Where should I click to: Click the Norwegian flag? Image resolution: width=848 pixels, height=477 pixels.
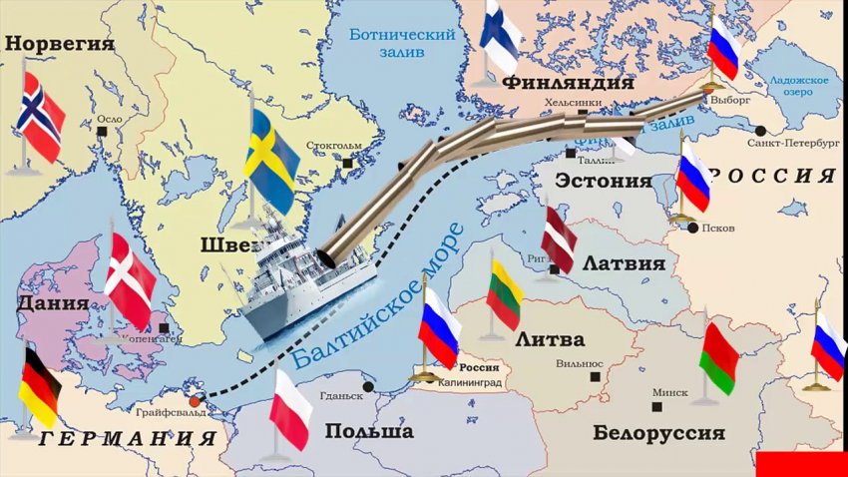(41, 116)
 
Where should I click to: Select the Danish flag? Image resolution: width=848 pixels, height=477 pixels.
(130, 279)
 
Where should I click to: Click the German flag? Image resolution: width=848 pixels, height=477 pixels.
(40, 386)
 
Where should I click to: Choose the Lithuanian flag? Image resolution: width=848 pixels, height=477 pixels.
(505, 295)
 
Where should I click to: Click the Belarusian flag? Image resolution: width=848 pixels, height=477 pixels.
(718, 358)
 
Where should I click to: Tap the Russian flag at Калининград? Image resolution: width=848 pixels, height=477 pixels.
(439, 327)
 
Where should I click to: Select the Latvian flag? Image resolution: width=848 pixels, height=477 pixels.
(559, 239)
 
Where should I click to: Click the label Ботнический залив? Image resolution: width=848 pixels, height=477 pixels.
(402, 43)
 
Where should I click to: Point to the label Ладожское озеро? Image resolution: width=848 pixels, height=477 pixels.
(801, 86)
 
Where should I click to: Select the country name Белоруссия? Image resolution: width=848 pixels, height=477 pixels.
(658, 433)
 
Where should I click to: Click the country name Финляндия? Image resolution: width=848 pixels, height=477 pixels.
(569, 82)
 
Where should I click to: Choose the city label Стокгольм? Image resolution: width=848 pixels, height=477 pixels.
(334, 146)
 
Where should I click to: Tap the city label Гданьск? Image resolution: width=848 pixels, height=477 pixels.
(341, 395)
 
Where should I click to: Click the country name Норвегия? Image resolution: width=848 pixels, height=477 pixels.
(60, 44)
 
